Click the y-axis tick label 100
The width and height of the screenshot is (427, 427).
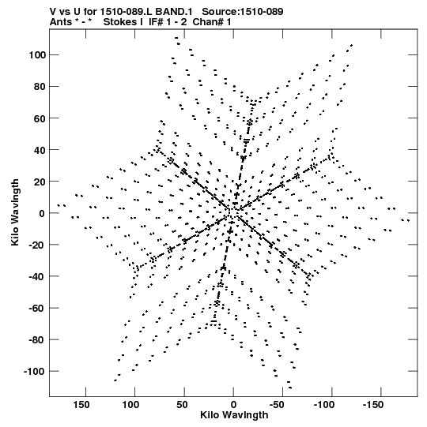[x=37, y=55]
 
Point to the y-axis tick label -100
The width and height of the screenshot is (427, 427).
[x=34, y=372]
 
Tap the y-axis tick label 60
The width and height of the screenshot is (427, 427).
[x=40, y=118]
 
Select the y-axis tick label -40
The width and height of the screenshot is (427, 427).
[x=37, y=276]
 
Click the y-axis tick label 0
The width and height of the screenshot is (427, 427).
[x=42, y=213]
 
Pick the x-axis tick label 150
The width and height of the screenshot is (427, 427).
[x=81, y=405]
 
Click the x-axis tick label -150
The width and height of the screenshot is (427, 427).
[x=373, y=405]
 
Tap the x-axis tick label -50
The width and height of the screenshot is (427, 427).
[x=278, y=405]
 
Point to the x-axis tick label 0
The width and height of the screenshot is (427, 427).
[x=233, y=405]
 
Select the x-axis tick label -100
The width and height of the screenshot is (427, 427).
[x=324, y=405]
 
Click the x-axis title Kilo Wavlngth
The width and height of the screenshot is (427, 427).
[x=234, y=415]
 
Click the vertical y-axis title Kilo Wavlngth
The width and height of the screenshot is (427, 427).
[x=15, y=212]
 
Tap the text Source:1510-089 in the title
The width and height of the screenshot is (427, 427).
[x=243, y=12]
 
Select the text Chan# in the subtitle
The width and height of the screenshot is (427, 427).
[x=209, y=22]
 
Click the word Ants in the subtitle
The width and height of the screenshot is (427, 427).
[x=61, y=22]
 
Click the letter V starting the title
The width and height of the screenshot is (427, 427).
[x=53, y=12]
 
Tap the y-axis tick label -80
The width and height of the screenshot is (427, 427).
[x=37, y=340]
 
